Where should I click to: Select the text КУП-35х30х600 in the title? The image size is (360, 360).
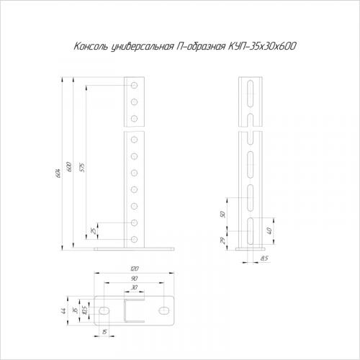(261, 47)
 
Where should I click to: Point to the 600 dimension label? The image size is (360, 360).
(69, 167)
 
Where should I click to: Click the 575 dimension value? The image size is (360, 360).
(82, 168)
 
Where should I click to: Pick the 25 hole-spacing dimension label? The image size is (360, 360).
(94, 230)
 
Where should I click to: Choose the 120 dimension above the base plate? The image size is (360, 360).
(135, 269)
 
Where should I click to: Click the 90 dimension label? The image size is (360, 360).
(134, 279)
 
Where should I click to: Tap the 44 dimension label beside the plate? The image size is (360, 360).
(63, 311)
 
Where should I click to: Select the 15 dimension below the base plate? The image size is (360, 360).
(104, 332)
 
